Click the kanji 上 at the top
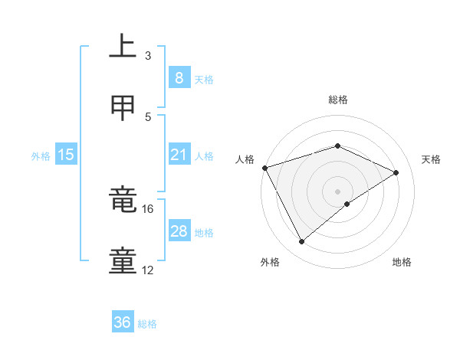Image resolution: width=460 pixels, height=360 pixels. click(x=123, y=47)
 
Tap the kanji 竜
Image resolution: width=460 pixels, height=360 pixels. click(x=123, y=201)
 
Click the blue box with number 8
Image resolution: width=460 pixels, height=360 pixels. click(x=179, y=77)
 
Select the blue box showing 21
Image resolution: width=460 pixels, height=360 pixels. click(x=179, y=155)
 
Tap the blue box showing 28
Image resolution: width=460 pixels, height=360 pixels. click(x=179, y=231)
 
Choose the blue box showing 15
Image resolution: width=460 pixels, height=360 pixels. click(x=66, y=155)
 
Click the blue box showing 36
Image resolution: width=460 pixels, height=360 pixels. click(x=123, y=322)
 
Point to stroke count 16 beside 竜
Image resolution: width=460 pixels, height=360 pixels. click(x=148, y=208)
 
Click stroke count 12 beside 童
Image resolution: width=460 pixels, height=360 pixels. click(x=148, y=270)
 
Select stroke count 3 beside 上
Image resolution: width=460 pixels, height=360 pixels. click(x=148, y=55)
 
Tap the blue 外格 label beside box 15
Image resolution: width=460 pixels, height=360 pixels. click(x=41, y=155)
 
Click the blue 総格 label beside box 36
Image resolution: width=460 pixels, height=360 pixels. click(x=147, y=324)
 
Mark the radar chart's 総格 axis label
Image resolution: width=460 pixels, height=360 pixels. click(x=337, y=100)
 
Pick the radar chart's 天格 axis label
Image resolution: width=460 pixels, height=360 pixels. click(x=432, y=159)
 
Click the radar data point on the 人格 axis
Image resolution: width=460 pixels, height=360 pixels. click(x=264, y=168)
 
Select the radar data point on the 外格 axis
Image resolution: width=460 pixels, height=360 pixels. click(x=301, y=241)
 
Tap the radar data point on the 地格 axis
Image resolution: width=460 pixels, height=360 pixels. click(x=347, y=204)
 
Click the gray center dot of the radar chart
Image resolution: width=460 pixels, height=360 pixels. click(x=337, y=191)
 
